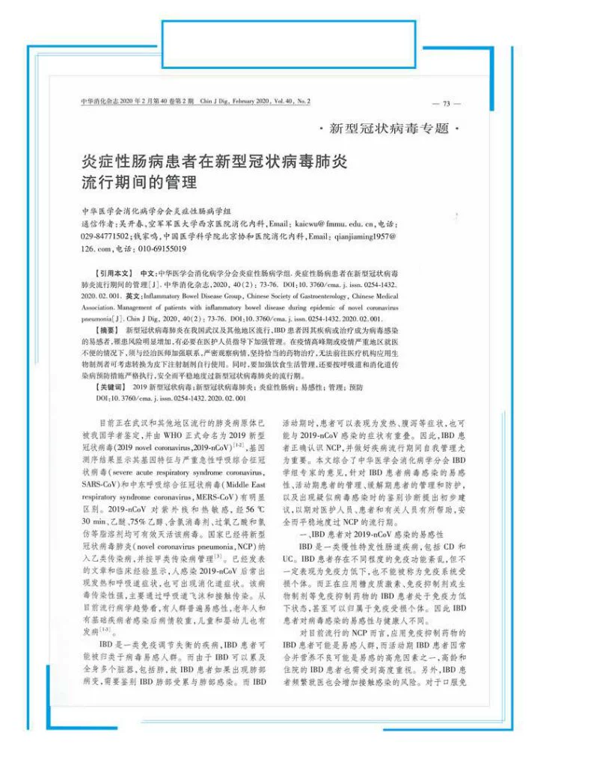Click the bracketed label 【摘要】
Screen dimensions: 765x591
108,329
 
